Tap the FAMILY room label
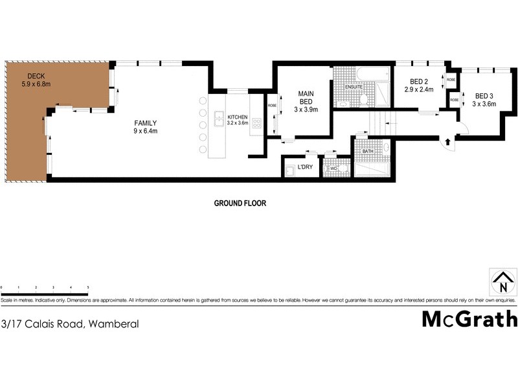coord(146,123)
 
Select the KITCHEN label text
coord(238,117)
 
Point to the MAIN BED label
coord(306,98)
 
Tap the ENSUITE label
coord(353,87)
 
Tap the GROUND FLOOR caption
coord(240,203)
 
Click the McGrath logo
coord(469,319)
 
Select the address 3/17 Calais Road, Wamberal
coord(70,323)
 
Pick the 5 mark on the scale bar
coord(87,286)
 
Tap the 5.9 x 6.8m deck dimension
coord(36,84)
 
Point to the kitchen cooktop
coord(256,123)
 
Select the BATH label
coord(368,151)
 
